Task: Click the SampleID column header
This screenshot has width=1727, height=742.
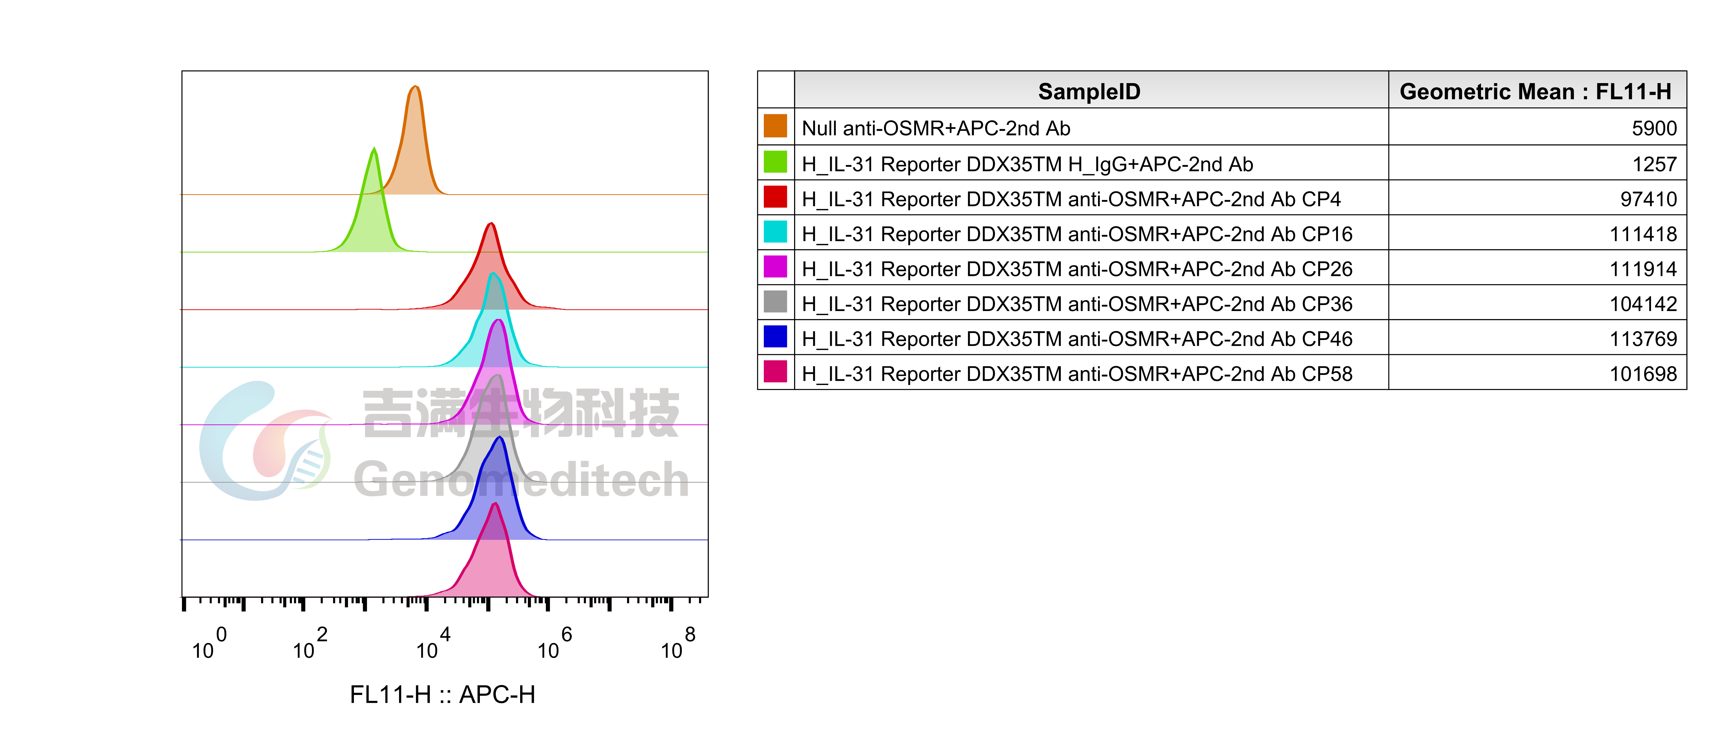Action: coord(1089,91)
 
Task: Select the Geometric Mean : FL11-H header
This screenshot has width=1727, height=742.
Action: coord(1535,91)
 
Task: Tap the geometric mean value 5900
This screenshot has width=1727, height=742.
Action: coord(1654,128)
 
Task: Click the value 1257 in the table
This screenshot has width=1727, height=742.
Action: coord(1654,164)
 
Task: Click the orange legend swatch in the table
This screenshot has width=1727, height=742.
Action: coord(775,126)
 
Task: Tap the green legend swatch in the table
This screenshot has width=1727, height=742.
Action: coord(775,162)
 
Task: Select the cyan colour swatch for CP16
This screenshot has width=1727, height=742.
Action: coord(775,231)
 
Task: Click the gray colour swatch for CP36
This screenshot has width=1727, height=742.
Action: coord(775,301)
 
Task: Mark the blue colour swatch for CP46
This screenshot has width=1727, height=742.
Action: coord(775,336)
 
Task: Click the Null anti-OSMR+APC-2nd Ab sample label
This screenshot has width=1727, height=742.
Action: coord(936,128)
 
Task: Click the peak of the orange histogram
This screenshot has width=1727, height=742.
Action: coord(416,87)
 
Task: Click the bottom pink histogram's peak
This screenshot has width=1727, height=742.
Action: coord(495,505)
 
